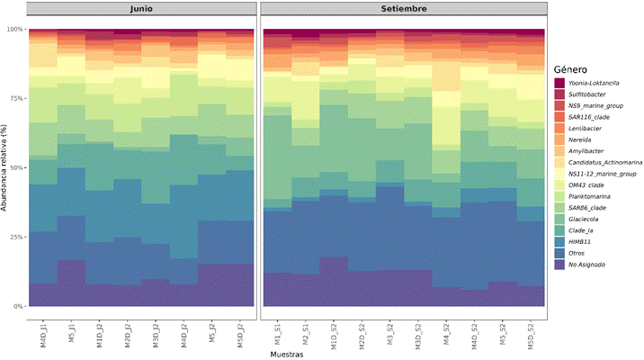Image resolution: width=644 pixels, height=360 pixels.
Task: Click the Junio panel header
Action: tap(142, 9)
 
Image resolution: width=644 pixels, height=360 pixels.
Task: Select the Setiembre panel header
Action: tap(403, 9)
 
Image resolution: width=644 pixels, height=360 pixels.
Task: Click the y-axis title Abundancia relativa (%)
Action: tap(6, 168)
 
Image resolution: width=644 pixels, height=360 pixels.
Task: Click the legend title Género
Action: tap(571, 69)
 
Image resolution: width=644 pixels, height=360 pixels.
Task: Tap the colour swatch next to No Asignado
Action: tap(559, 265)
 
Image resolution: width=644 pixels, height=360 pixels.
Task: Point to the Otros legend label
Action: tap(581, 253)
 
